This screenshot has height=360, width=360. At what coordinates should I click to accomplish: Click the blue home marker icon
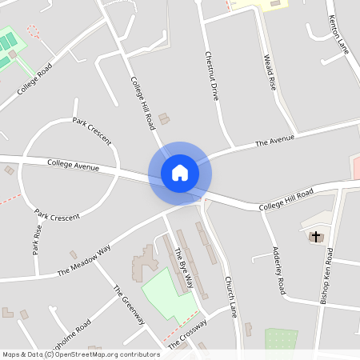[x=180, y=172]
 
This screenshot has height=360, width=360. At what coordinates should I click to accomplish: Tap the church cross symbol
[x=316, y=236]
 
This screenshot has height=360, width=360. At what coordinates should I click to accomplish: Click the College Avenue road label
[x=73, y=166]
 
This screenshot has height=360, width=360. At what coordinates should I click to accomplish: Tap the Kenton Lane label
[x=339, y=33]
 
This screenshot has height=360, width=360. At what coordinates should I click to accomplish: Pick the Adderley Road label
[x=278, y=270]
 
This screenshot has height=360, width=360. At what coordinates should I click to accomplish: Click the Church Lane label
[x=230, y=296]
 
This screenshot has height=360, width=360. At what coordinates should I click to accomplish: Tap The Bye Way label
[x=184, y=268]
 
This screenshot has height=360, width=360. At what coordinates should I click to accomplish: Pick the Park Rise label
[x=37, y=239]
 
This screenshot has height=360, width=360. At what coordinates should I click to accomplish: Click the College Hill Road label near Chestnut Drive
[x=142, y=105]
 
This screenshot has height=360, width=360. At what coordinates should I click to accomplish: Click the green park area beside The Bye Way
[x=166, y=297]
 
